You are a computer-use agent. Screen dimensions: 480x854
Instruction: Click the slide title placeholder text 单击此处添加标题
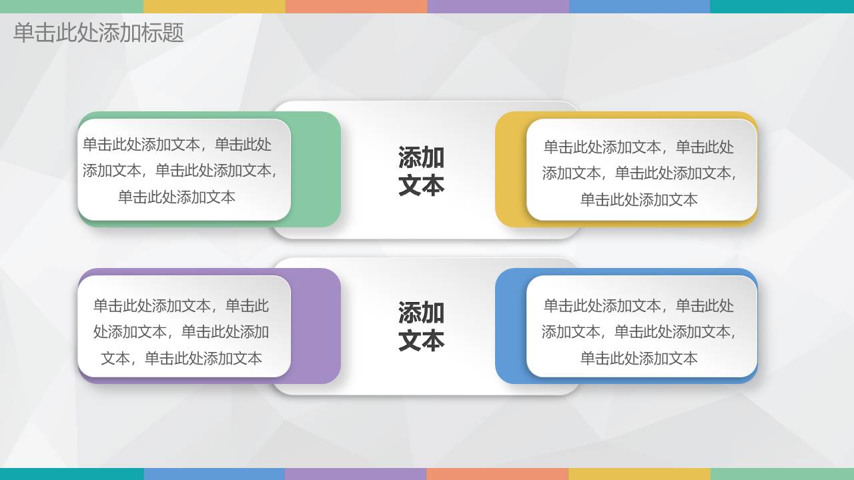tap(98, 33)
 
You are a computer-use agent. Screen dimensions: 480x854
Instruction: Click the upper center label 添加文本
tap(421, 171)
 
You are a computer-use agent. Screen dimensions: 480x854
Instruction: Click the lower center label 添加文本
tap(421, 326)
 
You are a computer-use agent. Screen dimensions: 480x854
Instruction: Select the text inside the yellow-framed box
tap(639, 173)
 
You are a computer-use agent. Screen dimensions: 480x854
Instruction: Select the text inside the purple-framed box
tap(181, 331)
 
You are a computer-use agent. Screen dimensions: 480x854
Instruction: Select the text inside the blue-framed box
tap(639, 331)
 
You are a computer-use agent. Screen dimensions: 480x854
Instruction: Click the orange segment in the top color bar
tap(356, 6)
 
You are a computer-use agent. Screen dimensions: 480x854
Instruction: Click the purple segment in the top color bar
tap(498, 6)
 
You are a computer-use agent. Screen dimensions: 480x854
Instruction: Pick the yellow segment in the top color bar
tap(213, 6)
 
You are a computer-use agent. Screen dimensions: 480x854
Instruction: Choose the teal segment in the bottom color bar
tap(71, 474)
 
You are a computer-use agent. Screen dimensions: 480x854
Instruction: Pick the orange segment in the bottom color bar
tap(497, 474)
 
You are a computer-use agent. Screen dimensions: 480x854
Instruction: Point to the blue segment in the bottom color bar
tap(213, 474)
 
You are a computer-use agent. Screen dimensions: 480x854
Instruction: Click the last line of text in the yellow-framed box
tap(639, 199)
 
